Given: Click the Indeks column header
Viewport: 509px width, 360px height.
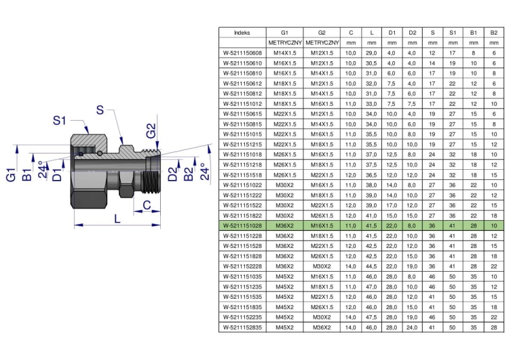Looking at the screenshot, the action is (x=242, y=33).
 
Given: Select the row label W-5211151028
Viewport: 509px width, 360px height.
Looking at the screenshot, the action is (x=242, y=226).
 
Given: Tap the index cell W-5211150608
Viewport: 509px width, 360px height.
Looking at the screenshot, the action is (x=242, y=53).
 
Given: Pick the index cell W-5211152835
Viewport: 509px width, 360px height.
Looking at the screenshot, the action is (x=242, y=327).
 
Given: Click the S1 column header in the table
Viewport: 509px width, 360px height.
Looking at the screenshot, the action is (x=453, y=33).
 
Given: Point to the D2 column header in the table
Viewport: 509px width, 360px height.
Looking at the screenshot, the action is (x=412, y=33).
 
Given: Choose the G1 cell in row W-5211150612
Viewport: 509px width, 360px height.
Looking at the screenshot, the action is (x=284, y=84).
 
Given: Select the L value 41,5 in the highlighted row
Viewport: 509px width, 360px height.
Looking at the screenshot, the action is (x=371, y=226).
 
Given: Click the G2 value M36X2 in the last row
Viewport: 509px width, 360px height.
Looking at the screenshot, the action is (x=322, y=327).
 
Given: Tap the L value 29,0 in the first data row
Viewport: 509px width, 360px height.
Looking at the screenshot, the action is (x=371, y=53).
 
